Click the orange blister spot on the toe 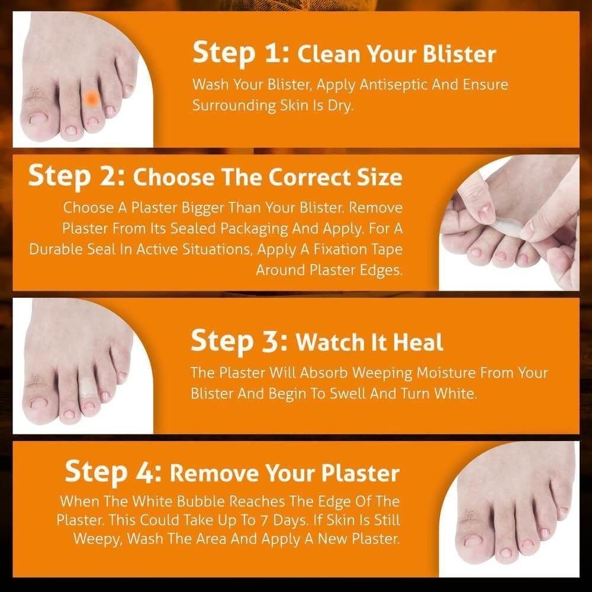[91, 99]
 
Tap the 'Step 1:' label [240, 53]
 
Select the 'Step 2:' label [76, 176]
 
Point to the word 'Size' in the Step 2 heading [380, 177]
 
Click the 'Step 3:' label [239, 341]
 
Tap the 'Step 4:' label [113, 472]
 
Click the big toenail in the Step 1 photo [40, 118]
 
